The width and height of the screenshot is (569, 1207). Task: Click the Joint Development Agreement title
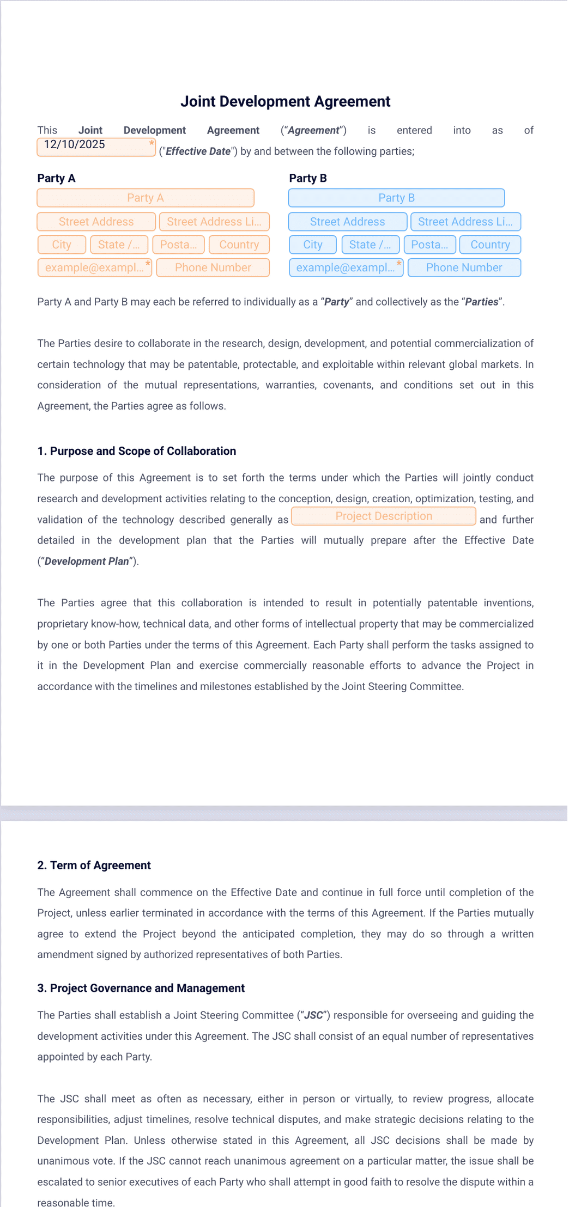point(285,101)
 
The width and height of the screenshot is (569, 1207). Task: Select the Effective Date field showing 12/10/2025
point(96,147)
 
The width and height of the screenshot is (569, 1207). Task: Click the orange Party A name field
point(146,198)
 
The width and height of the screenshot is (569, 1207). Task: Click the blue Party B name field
point(396,198)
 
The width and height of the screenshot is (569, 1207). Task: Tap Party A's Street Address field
point(96,222)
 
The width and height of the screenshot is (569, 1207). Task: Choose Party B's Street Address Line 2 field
point(465,222)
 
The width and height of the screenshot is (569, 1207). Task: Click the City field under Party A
point(62,245)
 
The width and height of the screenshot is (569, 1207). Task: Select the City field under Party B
point(313,245)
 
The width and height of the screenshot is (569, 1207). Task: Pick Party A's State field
point(119,245)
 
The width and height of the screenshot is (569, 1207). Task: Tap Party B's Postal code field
point(429,245)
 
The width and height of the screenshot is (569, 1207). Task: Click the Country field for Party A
point(239,245)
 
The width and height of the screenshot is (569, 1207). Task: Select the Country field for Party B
point(490,245)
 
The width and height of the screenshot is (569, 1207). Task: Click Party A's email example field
point(94,267)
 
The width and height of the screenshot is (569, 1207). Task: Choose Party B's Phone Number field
point(464,267)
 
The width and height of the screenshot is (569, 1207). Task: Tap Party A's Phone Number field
point(213,267)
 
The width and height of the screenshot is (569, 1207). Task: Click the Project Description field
point(384,516)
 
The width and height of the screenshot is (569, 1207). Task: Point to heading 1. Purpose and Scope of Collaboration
point(136,451)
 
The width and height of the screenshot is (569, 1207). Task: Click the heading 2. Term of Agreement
point(94,865)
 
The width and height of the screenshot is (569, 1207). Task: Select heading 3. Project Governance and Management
point(141,988)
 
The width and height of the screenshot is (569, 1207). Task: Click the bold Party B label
point(308,178)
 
